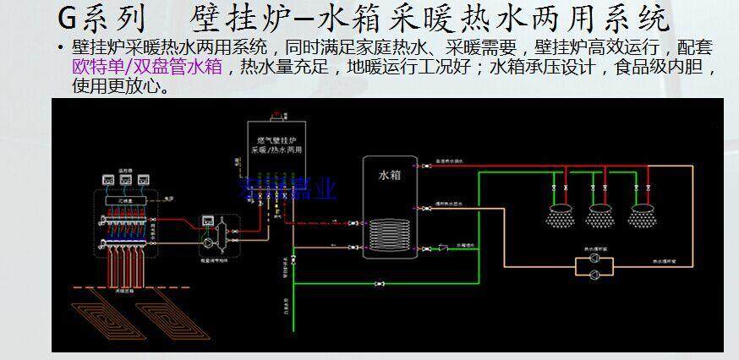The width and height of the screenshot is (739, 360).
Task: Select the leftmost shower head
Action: tap(557, 215)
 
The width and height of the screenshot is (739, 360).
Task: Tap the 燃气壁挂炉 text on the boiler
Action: tap(270, 138)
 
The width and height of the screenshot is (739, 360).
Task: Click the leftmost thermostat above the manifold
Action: tap(107, 180)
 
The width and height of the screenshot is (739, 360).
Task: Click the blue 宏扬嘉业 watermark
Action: tap(300, 187)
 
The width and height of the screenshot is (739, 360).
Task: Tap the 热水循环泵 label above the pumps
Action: tap(595, 250)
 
